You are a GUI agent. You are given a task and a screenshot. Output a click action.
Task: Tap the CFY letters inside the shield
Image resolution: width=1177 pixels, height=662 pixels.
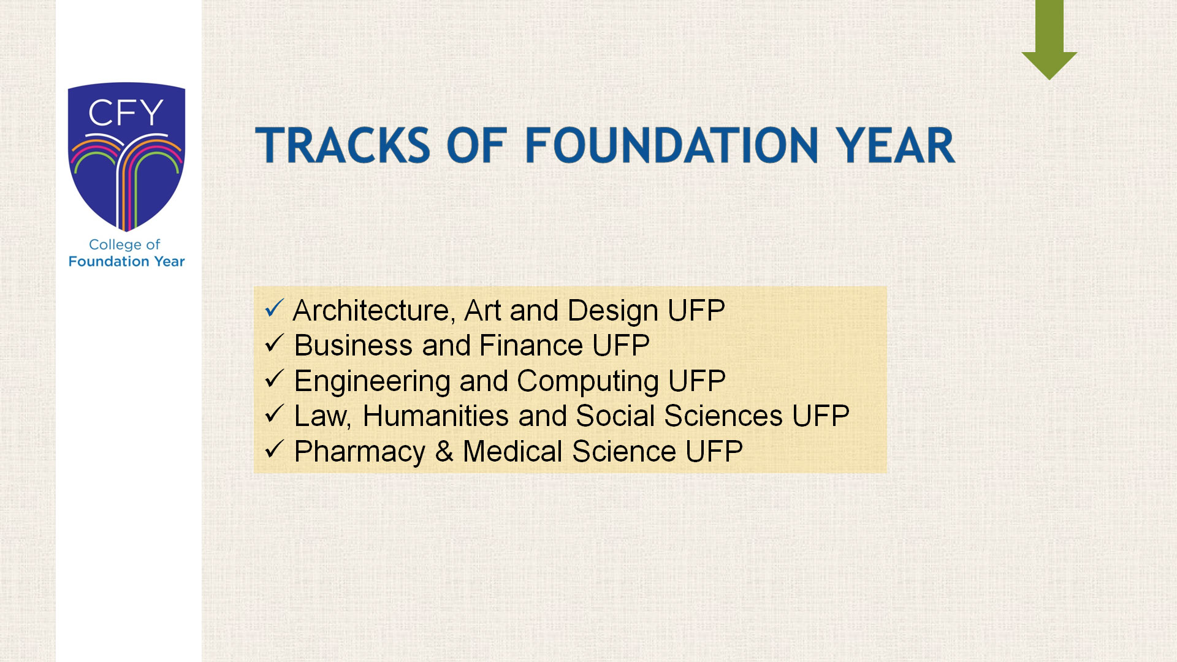[126, 113]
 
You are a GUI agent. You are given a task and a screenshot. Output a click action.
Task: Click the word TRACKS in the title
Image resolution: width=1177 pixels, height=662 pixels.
[343, 145]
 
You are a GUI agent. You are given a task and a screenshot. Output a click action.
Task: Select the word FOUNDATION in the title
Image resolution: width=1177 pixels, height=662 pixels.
[671, 145]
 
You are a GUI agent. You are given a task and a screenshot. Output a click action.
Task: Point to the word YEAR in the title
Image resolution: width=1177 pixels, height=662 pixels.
[896, 145]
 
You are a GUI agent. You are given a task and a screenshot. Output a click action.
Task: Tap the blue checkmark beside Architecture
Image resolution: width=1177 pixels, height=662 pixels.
[274, 308]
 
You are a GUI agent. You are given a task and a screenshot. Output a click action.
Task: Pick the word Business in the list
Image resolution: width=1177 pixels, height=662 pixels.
[353, 346]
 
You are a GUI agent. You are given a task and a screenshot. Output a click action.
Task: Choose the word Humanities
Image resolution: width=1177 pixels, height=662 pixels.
[436, 416]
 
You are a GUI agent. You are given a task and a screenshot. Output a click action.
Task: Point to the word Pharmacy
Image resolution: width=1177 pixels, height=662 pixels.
[360, 452]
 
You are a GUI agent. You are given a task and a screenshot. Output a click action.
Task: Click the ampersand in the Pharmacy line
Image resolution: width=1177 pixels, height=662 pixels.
[444, 452]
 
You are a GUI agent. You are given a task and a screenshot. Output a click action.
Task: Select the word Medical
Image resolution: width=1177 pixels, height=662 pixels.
[513, 452]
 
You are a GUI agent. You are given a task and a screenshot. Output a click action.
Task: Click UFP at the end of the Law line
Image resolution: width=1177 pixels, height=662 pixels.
[821, 416]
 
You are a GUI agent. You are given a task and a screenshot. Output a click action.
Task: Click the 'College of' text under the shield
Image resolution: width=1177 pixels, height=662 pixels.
[124, 245]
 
